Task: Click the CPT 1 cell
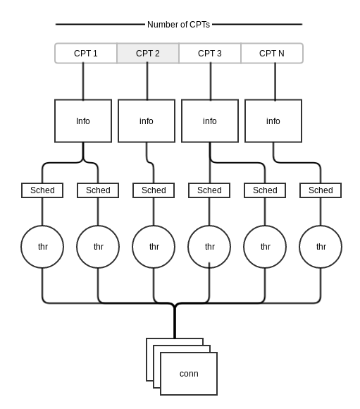click(x=86, y=53)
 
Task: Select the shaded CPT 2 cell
click(x=148, y=53)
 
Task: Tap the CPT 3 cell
click(x=210, y=53)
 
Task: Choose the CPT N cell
click(x=272, y=53)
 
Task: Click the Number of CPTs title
click(x=178, y=25)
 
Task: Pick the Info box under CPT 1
click(x=83, y=121)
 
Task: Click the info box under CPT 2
click(x=147, y=121)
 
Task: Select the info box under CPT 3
click(x=210, y=121)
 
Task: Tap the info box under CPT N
click(x=273, y=121)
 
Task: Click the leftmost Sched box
click(x=42, y=190)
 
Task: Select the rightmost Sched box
click(x=321, y=190)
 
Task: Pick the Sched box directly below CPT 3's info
click(x=209, y=190)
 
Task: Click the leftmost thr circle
click(x=42, y=247)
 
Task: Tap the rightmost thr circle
click(x=321, y=247)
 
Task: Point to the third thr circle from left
click(x=154, y=247)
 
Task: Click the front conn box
click(x=189, y=374)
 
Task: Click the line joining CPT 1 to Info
click(x=83, y=81)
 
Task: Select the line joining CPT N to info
click(x=275, y=81)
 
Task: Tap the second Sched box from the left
click(x=98, y=190)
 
